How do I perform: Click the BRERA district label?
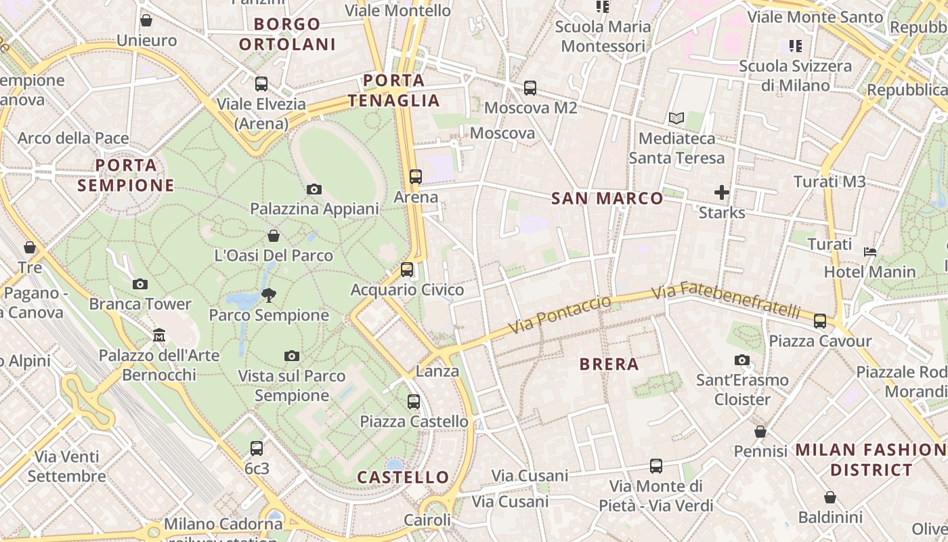[x=609, y=364]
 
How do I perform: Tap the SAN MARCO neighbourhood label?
[x=607, y=199]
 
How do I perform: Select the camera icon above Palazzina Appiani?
[x=314, y=189]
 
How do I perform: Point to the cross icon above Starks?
[x=722, y=192]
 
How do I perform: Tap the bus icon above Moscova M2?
[x=530, y=88]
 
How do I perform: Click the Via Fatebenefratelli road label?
[x=726, y=301]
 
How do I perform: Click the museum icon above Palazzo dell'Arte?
[x=159, y=335]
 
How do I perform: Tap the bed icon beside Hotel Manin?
[x=870, y=252]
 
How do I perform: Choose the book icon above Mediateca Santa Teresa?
[x=676, y=119]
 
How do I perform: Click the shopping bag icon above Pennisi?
[x=760, y=432]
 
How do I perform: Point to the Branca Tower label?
[x=140, y=304]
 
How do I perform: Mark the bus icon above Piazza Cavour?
[x=820, y=321]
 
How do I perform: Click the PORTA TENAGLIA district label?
[x=393, y=91]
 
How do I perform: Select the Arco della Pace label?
[x=73, y=138]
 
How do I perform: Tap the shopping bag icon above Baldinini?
[x=830, y=498]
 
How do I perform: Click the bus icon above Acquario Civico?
[x=407, y=270]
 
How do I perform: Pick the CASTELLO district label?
[x=403, y=478]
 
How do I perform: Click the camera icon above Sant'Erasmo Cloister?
[x=742, y=360]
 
